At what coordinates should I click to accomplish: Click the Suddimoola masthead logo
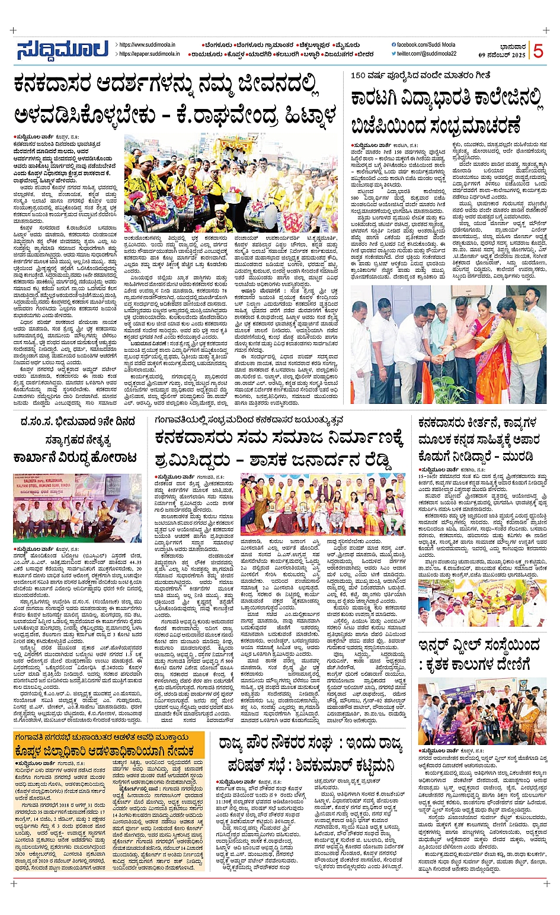point(62,50)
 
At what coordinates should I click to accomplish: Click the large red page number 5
point(537,51)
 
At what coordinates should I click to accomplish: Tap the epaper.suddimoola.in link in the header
point(149,54)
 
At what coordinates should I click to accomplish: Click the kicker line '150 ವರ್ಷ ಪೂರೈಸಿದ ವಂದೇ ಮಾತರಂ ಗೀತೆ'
point(420,75)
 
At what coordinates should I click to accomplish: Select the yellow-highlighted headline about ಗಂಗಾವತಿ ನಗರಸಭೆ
point(109,744)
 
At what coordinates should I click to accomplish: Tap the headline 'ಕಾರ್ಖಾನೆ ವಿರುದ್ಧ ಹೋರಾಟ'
point(75,458)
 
